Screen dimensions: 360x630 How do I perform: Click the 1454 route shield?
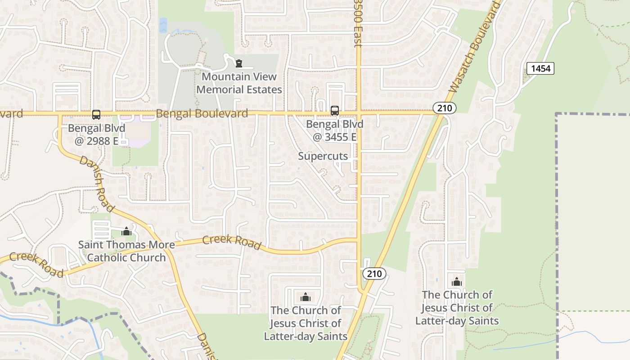click(x=540, y=68)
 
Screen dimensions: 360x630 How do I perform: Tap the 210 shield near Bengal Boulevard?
click(x=445, y=108)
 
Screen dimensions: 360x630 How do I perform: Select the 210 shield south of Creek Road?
click(x=374, y=274)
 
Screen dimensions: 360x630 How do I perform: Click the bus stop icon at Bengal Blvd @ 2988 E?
click(x=96, y=115)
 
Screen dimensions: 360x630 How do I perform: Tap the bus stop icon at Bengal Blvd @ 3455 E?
click(x=334, y=111)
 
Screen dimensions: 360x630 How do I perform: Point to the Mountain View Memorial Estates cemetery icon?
click(x=239, y=63)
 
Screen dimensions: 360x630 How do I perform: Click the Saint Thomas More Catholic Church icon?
click(x=126, y=231)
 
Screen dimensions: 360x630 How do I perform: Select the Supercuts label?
click(x=323, y=156)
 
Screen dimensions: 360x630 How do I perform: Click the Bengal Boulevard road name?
click(x=202, y=113)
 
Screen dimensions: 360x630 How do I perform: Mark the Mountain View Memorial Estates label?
click(x=239, y=83)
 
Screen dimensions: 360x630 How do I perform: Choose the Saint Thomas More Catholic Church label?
click(x=126, y=251)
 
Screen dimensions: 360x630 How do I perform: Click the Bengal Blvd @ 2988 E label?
click(x=96, y=134)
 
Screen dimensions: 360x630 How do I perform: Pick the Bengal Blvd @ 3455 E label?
click(x=334, y=130)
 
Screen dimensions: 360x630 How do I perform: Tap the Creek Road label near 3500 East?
click(x=232, y=242)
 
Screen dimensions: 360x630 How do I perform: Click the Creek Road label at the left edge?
click(x=36, y=264)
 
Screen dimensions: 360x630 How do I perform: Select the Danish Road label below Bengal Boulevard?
click(x=96, y=184)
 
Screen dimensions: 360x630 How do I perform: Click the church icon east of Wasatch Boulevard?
click(x=457, y=282)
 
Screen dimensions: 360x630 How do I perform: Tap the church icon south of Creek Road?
click(x=306, y=297)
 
